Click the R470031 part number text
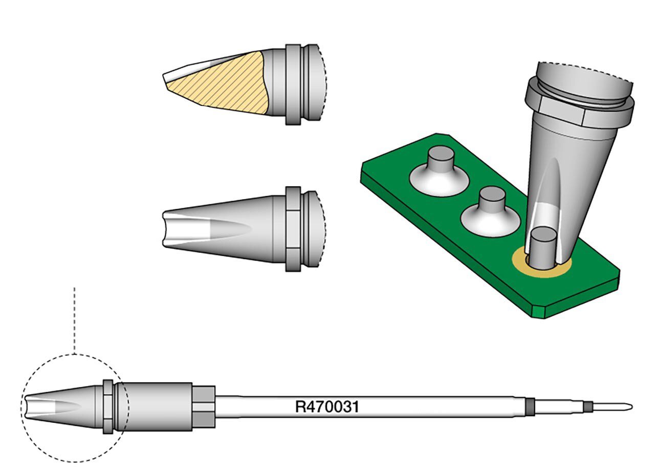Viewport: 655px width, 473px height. pyautogui.click(x=327, y=407)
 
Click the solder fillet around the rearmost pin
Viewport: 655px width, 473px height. pyautogui.click(x=439, y=181)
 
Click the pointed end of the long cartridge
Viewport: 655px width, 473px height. pyautogui.click(x=631, y=407)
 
